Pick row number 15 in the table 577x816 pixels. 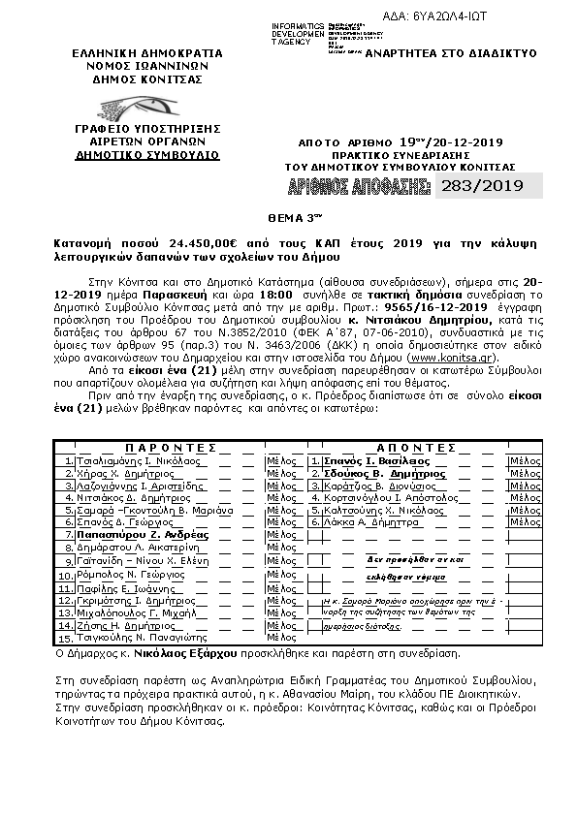tap(65, 639)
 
